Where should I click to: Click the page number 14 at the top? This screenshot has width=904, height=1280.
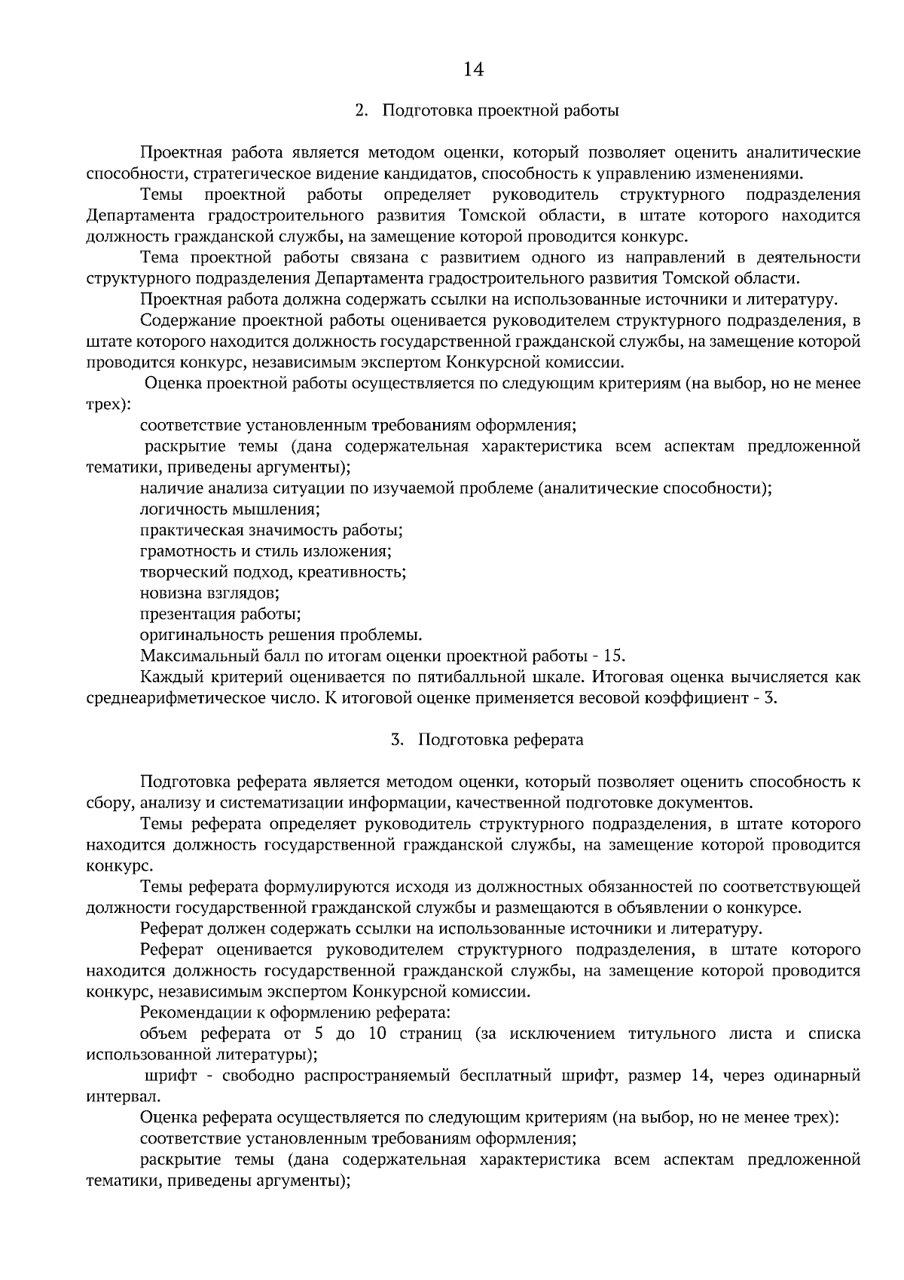coord(472,69)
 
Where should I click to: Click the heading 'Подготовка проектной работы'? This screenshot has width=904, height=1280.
coord(501,111)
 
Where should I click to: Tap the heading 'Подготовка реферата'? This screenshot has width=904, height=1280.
coord(500,740)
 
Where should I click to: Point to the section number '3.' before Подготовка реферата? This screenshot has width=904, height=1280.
coord(397,740)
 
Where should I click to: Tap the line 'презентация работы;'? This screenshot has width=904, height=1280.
coord(221,613)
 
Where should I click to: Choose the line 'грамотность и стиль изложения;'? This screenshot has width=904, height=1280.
coord(265,551)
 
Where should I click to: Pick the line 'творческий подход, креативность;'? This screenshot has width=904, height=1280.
coord(273,571)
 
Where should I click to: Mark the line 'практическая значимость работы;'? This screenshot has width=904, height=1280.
coord(271,530)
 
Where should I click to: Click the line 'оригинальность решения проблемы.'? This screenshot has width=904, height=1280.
coord(281,634)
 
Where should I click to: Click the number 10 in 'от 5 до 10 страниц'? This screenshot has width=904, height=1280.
coord(378,1033)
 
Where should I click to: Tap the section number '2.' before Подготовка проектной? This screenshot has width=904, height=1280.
coord(362,111)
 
